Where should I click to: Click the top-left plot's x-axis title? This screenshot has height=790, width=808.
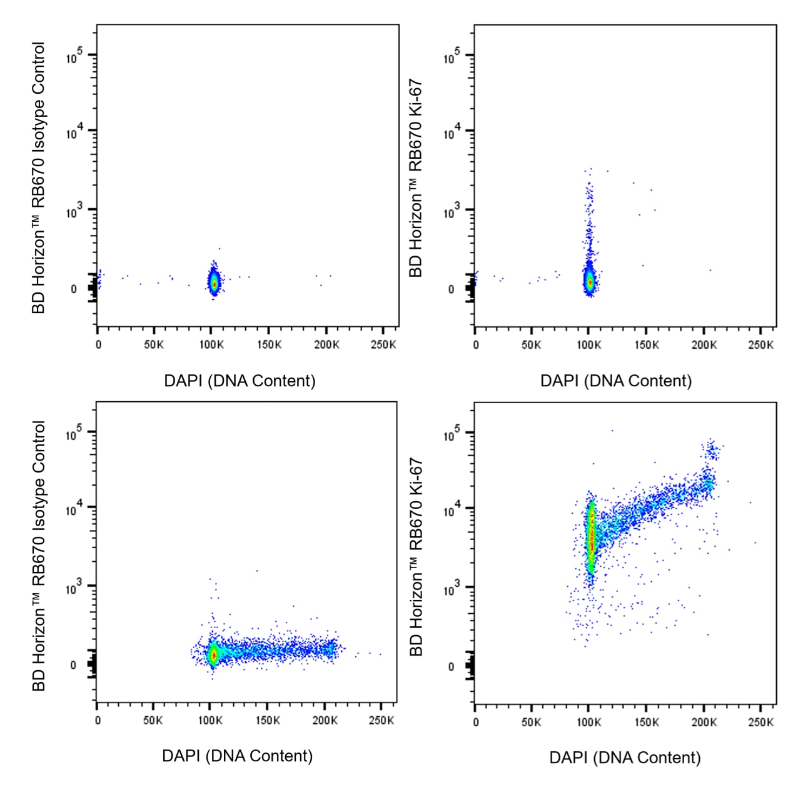pos(240,381)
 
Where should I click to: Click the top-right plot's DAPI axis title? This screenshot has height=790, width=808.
pos(616,381)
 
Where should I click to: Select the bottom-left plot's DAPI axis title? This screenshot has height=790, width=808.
pos(237,756)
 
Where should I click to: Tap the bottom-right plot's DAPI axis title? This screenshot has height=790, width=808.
pos(625,757)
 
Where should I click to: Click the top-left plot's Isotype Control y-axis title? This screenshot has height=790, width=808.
pos(39,177)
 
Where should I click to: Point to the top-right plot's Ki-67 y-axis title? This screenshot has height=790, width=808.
pos(416,177)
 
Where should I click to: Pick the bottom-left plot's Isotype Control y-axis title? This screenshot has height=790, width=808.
pos(39,556)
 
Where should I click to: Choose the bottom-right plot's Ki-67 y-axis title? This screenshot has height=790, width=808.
pos(416,556)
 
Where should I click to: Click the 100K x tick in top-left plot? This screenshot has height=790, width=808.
pos(211,345)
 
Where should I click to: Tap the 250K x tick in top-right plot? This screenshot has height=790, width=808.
pos(760,345)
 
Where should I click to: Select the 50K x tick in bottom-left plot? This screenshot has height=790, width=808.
pos(153,721)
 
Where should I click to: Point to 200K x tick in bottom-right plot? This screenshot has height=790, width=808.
pos(704,722)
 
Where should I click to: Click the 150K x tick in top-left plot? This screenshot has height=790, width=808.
pos(269,345)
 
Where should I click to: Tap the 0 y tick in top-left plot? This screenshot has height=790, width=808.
pos(74,289)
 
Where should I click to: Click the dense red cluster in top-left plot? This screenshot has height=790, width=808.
pos(214,282)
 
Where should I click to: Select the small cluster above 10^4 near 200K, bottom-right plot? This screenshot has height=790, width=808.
pos(711,449)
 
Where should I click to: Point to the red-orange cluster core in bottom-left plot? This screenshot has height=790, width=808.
pos(213,654)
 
